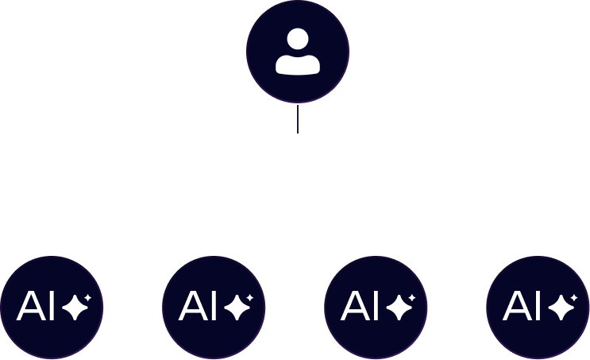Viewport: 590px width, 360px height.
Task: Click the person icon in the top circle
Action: [297, 52]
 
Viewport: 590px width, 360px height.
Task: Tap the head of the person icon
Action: [297, 39]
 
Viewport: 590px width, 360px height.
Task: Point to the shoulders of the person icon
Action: [297, 64]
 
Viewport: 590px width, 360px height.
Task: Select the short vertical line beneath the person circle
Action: [297, 118]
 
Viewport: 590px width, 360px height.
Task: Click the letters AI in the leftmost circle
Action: [37, 306]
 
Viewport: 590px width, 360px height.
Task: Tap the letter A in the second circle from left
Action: [192, 306]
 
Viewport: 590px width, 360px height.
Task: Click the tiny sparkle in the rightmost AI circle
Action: [573, 297]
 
